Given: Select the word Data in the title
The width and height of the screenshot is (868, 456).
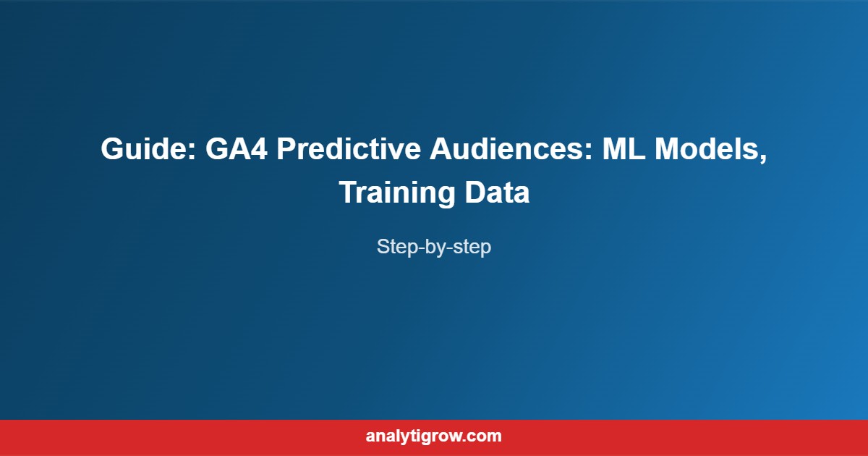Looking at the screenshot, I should (x=497, y=193).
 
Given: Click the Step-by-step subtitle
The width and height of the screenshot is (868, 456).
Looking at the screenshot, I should (x=434, y=247).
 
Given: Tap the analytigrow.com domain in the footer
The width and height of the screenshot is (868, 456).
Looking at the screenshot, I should (x=434, y=436).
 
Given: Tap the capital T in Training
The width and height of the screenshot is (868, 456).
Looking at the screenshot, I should (x=346, y=193).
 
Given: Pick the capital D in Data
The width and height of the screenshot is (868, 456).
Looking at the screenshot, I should (x=475, y=193).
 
